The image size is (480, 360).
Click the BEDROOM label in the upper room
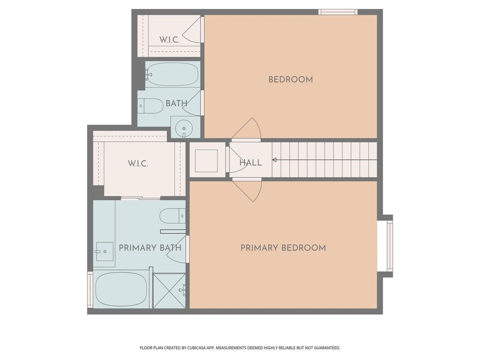pos(291,80)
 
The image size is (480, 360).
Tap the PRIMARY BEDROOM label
pos(283,248)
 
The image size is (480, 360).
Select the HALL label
pos(250,163)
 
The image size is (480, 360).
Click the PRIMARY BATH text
pos(150,248)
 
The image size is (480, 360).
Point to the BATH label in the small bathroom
pos(176,104)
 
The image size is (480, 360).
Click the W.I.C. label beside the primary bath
pos(138,164)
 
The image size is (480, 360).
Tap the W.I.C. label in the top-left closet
pos(169,40)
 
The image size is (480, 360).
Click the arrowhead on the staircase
pos(274,160)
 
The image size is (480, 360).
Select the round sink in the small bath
pos(184,128)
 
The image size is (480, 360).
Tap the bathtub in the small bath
pos(172,74)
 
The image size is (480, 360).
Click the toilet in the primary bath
pos(172,216)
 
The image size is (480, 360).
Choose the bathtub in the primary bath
pos(121,289)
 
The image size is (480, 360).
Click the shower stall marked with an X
pos(169,291)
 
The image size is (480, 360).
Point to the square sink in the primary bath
pos(105,252)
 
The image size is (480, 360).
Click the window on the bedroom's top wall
pos(338,12)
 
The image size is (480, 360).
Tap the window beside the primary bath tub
pos(90,289)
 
